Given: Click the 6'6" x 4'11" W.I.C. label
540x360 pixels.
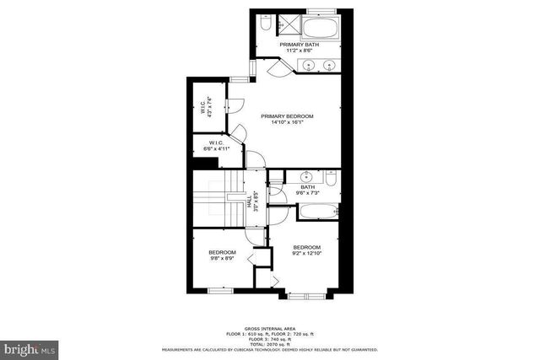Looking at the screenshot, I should pyautogui.click(x=215, y=146).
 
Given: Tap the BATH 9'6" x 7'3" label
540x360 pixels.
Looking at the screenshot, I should pyautogui.click(x=307, y=191).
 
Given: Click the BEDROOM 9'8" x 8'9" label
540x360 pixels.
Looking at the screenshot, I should pyautogui.click(x=222, y=255).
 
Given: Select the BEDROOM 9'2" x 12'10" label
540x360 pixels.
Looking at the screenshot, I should pyautogui.click(x=308, y=250).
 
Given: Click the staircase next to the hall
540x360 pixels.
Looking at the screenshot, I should pyautogui.click(x=217, y=198).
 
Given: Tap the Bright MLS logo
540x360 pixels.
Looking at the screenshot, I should pyautogui.click(x=30, y=347).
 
